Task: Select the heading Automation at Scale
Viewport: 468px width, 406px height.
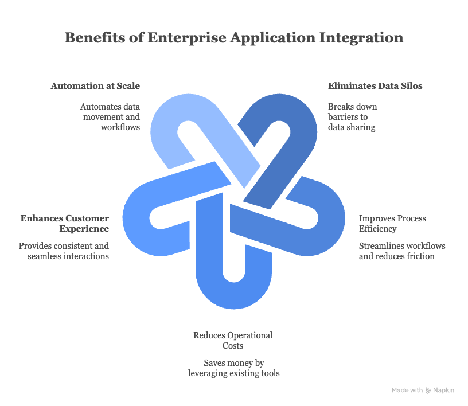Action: (95, 86)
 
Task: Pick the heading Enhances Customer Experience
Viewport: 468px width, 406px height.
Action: (64, 223)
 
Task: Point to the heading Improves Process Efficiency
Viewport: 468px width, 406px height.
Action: (392, 223)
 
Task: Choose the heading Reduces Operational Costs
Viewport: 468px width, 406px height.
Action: (233, 340)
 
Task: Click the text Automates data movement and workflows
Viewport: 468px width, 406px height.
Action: (110, 117)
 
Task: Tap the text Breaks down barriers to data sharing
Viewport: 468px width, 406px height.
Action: (352, 117)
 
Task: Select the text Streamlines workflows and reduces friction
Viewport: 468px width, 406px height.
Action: (402, 251)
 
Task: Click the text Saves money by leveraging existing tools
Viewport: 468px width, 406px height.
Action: (234, 368)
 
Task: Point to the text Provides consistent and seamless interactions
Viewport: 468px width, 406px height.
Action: (64, 251)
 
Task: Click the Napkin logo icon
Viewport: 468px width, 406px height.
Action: (427, 390)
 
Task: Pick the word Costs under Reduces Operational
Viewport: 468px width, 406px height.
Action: (233, 346)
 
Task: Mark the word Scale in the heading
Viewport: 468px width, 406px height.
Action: (128, 86)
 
